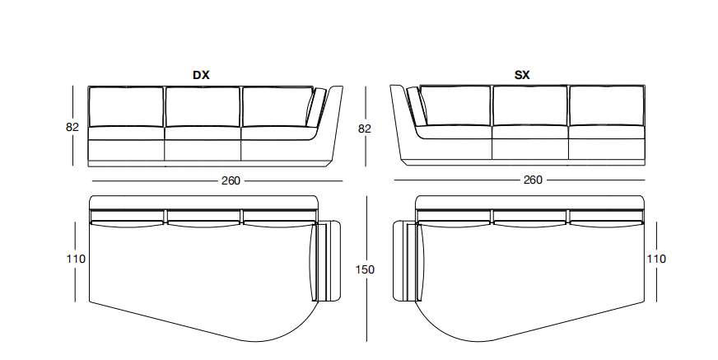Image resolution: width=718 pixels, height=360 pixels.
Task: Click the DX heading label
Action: [x=201, y=75]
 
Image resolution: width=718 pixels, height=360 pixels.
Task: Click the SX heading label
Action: [x=522, y=75]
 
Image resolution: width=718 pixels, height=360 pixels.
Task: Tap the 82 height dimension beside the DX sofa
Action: [x=72, y=128]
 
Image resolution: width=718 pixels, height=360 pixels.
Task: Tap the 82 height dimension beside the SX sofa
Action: [x=365, y=129]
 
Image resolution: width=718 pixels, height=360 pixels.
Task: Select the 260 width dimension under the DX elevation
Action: [x=231, y=181]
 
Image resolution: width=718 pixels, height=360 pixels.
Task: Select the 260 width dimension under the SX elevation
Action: [x=533, y=180]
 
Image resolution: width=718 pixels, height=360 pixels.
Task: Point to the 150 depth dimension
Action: [x=365, y=269]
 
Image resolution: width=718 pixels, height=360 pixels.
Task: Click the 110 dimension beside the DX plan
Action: [x=76, y=259]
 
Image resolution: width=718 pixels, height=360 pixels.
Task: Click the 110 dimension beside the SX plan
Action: [x=656, y=259]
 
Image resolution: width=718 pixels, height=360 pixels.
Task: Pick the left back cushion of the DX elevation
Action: [x=126, y=107]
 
